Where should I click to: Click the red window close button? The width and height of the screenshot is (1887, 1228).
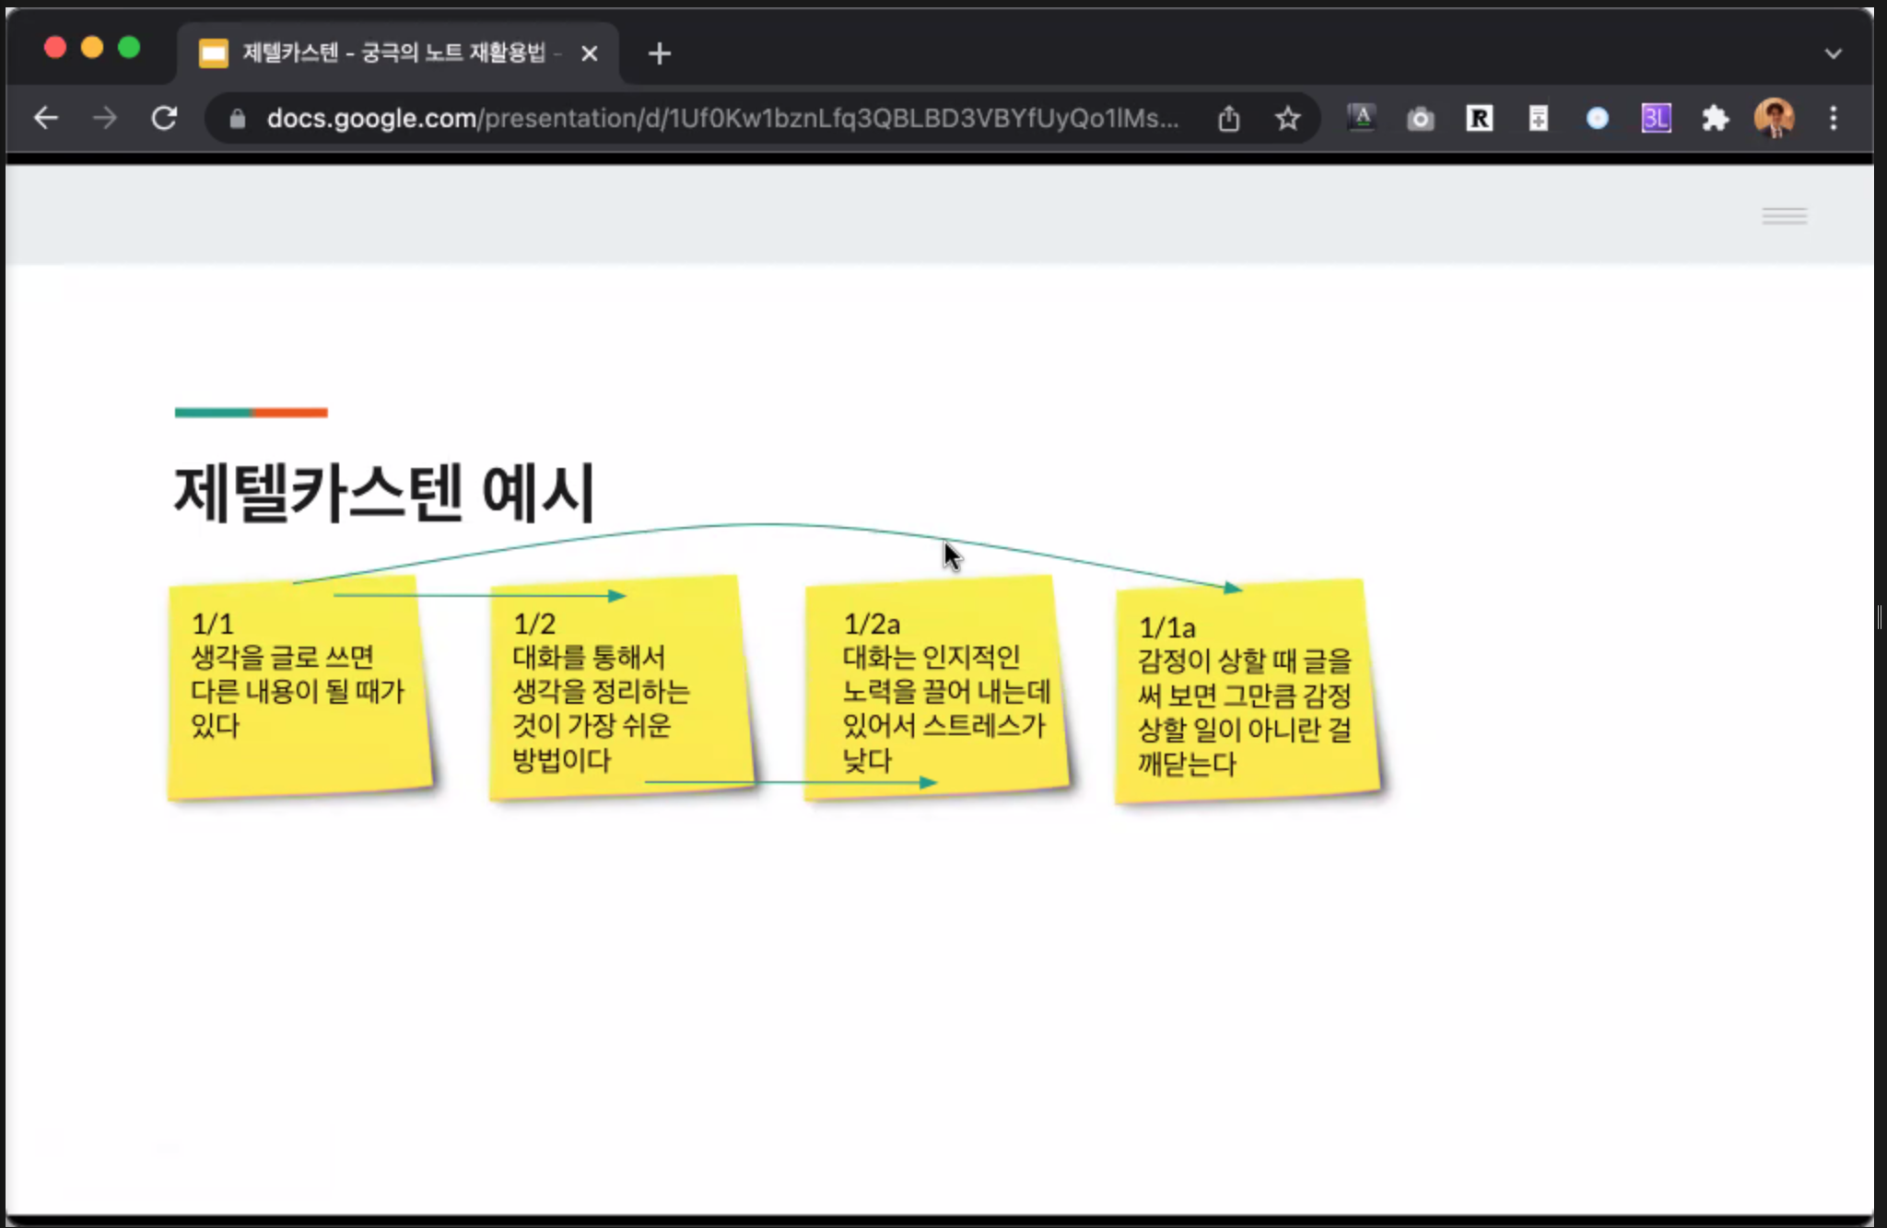(55, 48)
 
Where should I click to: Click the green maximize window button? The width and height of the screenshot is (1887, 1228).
(129, 48)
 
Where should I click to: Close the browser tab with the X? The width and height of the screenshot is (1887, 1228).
(590, 54)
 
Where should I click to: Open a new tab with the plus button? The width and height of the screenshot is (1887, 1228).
(660, 54)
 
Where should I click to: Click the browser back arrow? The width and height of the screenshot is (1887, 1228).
(46, 118)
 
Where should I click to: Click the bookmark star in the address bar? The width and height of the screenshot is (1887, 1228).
(1287, 119)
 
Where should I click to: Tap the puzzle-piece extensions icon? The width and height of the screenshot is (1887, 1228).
(1715, 119)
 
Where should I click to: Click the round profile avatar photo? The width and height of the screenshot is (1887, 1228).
(1774, 118)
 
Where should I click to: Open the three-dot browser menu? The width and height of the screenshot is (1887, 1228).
(1834, 119)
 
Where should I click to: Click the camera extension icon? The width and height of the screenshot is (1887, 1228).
(1420, 119)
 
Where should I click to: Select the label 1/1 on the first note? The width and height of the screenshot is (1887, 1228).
(213, 625)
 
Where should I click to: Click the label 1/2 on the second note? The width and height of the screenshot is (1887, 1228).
(534, 625)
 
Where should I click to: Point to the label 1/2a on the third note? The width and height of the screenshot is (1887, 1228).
(872, 625)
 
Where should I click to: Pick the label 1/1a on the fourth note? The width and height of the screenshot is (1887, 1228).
(1167, 628)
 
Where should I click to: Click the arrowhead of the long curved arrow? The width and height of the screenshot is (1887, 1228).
(1233, 588)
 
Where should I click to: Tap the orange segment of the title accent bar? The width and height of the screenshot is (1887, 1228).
(290, 413)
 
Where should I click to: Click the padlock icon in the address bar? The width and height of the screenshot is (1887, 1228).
(238, 119)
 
